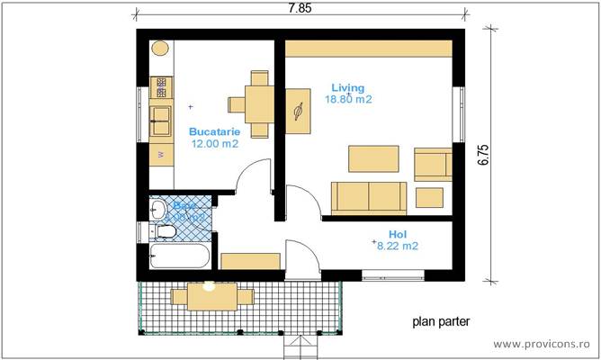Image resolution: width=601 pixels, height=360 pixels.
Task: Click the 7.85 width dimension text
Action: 301,8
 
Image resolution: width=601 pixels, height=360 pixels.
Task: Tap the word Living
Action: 347,88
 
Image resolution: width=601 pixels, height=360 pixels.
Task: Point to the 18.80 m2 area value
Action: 351,100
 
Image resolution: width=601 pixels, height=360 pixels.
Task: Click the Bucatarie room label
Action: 214,130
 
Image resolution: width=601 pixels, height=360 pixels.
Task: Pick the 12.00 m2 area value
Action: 214,142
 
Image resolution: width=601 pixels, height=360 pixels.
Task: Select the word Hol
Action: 397,232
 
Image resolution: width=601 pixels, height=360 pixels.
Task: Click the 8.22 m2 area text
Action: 397,245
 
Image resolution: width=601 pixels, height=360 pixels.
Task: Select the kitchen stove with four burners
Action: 160,87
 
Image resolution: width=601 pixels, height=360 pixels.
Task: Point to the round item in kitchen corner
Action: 160,49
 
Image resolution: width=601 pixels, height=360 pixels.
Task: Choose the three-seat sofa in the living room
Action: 369,195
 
